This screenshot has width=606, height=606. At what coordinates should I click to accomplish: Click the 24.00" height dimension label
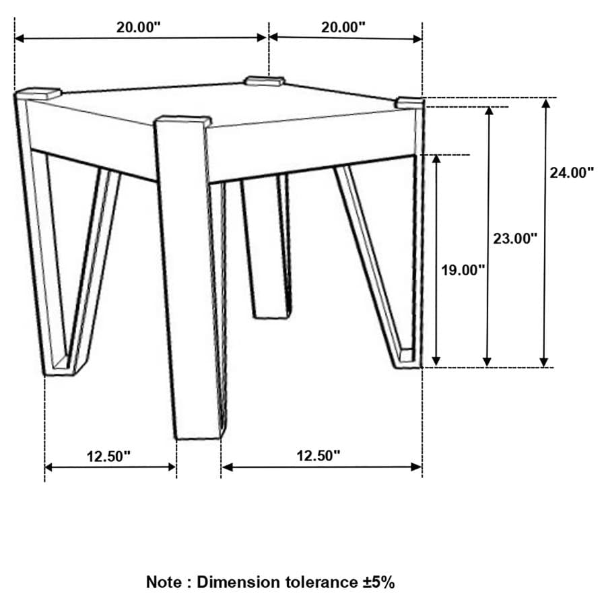(571, 172)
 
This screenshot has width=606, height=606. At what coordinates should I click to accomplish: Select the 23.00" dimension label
(514, 238)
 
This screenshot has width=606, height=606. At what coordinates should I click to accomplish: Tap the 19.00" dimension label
(463, 270)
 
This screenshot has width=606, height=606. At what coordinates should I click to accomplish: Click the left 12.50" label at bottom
(108, 456)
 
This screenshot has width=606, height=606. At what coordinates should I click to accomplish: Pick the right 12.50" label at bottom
(318, 456)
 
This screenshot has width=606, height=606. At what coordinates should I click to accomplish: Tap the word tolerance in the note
(321, 582)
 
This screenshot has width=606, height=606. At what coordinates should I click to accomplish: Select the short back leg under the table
(267, 249)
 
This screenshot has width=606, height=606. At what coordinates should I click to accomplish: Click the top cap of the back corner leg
(265, 81)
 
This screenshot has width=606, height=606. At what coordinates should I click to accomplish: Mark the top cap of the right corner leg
(409, 102)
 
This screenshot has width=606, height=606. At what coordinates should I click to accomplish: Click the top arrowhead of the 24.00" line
(545, 105)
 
